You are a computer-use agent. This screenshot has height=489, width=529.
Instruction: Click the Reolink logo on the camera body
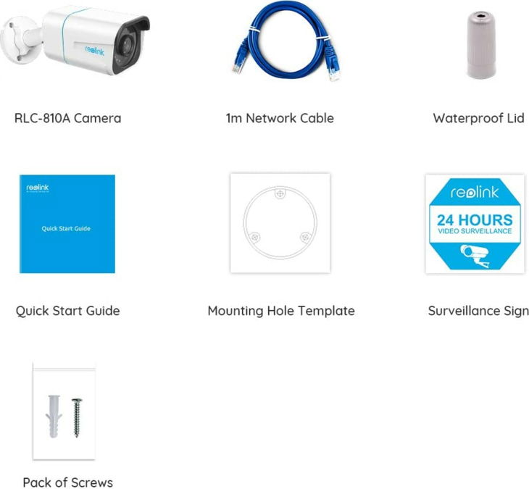[x=95, y=51]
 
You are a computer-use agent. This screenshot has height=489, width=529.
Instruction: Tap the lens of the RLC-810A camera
[x=127, y=45]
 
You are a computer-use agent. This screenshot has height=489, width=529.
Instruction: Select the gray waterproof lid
[x=481, y=45]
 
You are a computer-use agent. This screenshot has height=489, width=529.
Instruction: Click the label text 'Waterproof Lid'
[x=478, y=118]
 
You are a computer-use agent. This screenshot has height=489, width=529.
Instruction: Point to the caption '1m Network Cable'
[x=280, y=118]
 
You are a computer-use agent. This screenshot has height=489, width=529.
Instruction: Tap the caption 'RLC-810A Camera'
[x=68, y=118]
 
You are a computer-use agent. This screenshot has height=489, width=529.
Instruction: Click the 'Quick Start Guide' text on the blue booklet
[x=66, y=228]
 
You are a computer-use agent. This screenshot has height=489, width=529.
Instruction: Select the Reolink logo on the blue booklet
[x=38, y=188]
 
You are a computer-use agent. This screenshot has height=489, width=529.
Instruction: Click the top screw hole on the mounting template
[x=280, y=193]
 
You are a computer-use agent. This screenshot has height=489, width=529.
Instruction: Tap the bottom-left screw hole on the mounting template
[x=254, y=237]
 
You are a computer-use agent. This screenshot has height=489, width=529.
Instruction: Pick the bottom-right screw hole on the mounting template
[x=305, y=237]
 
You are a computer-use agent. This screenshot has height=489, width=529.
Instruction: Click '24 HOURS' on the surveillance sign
[x=475, y=220]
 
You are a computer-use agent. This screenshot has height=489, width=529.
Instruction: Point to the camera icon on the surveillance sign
[x=475, y=256]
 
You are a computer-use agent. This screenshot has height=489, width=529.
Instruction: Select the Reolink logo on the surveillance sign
[x=475, y=192]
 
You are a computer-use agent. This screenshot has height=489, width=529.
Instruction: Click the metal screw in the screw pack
[x=77, y=418]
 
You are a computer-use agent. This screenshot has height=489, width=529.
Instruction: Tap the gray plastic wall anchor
[x=54, y=416]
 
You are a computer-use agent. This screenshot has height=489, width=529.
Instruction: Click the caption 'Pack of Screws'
[x=68, y=482]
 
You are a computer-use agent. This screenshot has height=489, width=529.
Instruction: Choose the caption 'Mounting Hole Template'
[x=281, y=311]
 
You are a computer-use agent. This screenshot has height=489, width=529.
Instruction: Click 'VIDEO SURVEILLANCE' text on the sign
[x=475, y=231]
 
